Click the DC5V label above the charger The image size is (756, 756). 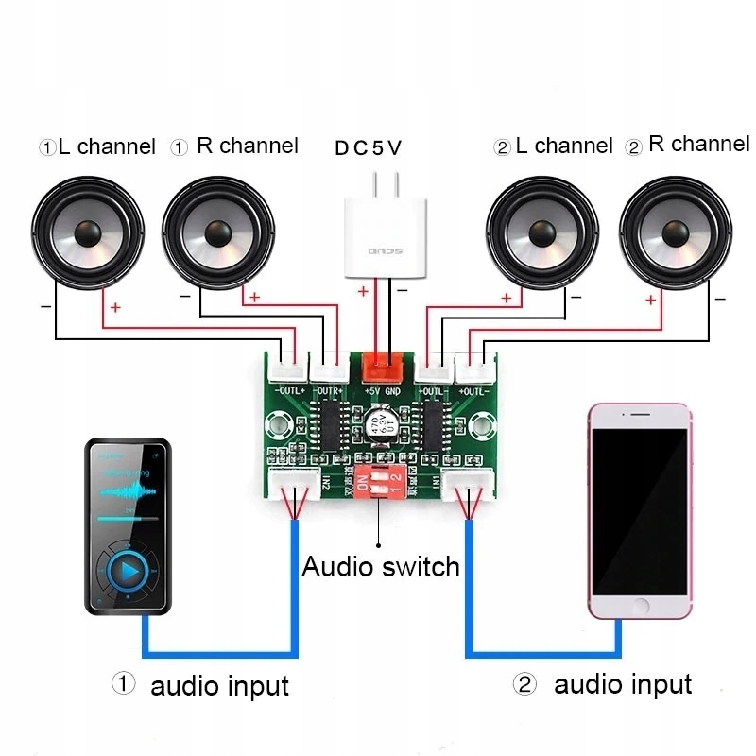pyautogui.click(x=368, y=148)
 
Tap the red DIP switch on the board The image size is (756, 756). pyautogui.click(x=378, y=484)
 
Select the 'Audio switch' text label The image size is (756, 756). pyautogui.click(x=380, y=567)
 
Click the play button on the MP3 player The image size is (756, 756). pyautogui.click(x=129, y=572)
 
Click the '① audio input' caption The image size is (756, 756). pyautogui.click(x=200, y=685)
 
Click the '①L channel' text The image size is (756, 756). pyautogui.click(x=96, y=146)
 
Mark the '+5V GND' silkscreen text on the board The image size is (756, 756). pyautogui.click(x=382, y=390)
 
